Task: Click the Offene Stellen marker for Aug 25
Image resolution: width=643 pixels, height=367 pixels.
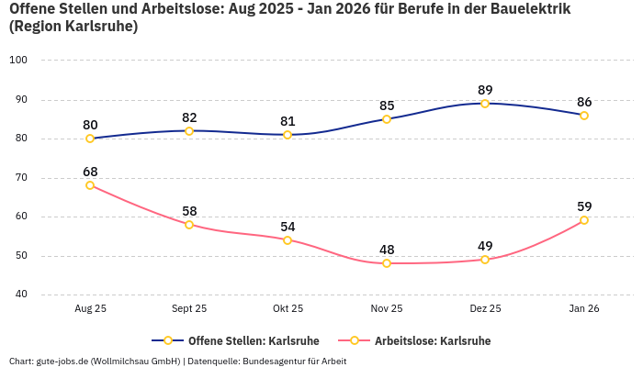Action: (90, 139)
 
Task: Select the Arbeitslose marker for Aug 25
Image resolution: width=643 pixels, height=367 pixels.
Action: (90, 185)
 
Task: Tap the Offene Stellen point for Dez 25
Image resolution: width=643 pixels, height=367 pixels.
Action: (485, 104)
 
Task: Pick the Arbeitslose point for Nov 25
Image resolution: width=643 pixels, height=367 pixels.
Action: (387, 263)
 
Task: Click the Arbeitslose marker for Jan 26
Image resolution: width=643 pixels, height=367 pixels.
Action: (584, 220)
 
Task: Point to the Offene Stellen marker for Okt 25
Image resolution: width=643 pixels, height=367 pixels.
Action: (288, 135)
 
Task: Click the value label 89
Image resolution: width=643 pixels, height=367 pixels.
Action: (485, 90)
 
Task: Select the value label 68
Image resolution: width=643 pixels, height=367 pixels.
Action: (90, 172)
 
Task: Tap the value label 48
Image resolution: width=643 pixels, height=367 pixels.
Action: (387, 250)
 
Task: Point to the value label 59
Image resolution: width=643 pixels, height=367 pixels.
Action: (584, 206)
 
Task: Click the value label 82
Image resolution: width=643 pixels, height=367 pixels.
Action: (189, 117)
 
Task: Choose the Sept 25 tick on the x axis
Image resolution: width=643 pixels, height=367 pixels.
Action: (189, 309)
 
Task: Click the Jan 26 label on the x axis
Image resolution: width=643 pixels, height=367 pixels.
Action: (584, 309)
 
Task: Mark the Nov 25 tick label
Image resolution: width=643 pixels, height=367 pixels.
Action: (387, 309)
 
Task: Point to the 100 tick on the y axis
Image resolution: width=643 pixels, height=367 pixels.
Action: (18, 61)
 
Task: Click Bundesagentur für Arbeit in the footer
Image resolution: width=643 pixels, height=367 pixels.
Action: (294, 361)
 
